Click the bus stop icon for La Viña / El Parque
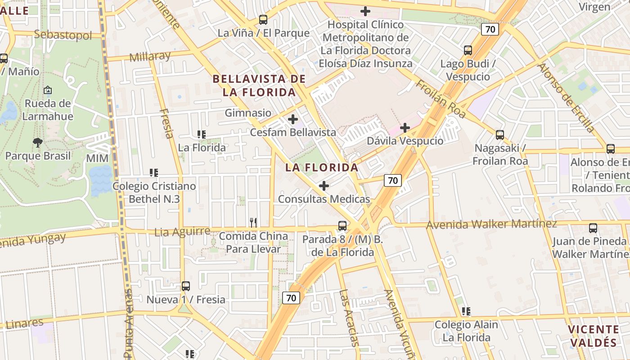(263, 20)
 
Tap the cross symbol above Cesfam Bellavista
(293, 119)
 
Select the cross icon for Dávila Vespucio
(405, 128)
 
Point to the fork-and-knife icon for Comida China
(253, 222)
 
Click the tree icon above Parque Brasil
(38, 143)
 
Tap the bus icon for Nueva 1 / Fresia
(186, 286)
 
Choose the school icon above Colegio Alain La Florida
(466, 311)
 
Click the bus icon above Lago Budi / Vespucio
(468, 50)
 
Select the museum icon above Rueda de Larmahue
(48, 90)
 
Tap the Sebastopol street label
(63, 35)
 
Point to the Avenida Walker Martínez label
(491, 224)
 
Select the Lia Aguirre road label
(182, 232)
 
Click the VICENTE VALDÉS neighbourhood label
(593, 336)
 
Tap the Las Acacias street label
(349, 318)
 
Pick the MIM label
(97, 158)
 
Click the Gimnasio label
(248, 113)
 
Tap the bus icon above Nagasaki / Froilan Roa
(499, 135)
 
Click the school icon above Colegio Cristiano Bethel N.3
(154, 172)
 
